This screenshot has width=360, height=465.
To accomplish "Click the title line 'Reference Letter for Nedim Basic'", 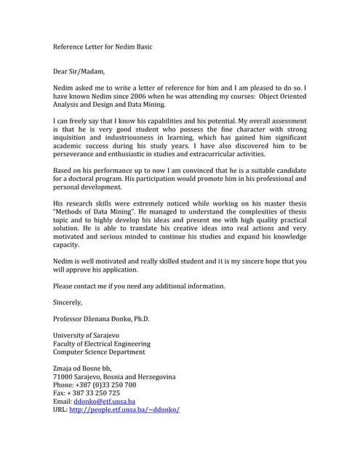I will [103, 46].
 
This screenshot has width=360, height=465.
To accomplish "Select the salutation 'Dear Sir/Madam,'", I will [79, 71].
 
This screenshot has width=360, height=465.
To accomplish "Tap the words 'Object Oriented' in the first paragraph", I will [280, 96].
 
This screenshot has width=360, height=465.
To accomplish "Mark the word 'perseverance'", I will [76, 154].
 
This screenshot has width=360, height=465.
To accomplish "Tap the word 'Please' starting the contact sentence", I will [64, 286].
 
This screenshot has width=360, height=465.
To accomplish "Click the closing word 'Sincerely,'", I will [68, 302].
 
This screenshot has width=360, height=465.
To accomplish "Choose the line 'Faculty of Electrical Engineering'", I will [102, 344].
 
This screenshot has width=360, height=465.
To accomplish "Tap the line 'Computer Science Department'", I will [99, 352].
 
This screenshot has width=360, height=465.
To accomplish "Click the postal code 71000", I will [63, 377].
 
